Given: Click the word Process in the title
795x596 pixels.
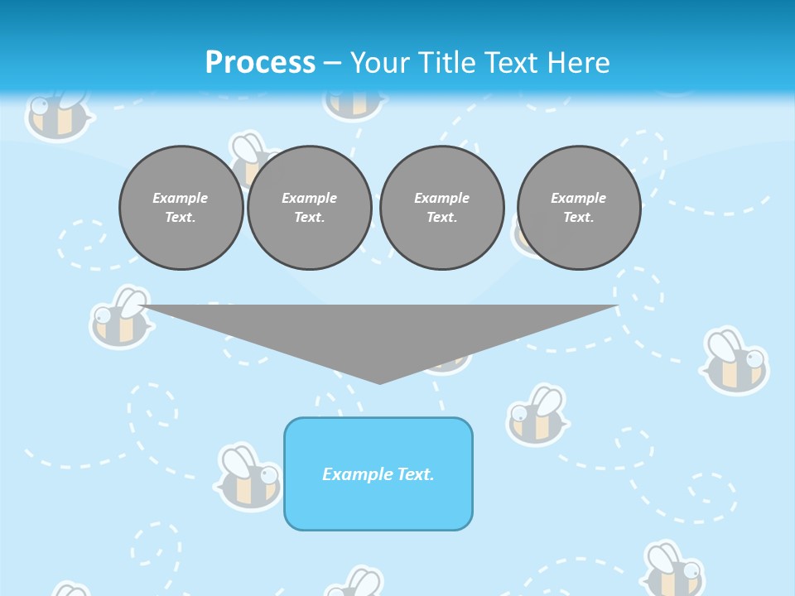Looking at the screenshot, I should click(260, 62).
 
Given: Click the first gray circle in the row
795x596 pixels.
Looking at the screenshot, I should click(181, 207).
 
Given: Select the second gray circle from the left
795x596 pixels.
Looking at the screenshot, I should click(309, 207).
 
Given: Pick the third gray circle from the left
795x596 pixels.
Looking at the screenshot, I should click(441, 207).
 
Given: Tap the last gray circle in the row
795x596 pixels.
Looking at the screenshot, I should click(578, 207).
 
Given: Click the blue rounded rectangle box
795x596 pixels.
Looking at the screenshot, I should click(378, 497).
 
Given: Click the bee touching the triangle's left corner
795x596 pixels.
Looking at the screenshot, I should click(121, 318).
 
